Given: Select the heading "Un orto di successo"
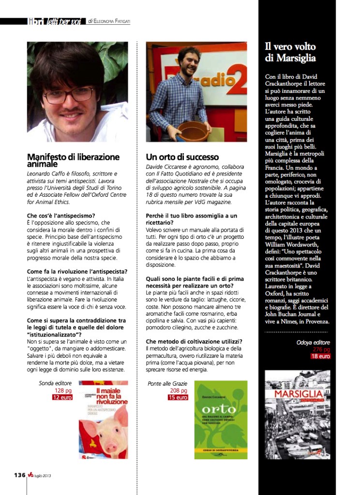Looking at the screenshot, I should point(182,157).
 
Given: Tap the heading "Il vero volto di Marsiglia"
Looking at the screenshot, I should point(290,52).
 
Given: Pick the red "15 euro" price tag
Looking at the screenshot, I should point(178,397).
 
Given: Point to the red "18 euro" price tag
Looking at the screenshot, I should point(320,356).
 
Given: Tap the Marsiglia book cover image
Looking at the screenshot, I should point(297,414).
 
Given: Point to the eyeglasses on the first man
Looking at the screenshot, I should point(68,94).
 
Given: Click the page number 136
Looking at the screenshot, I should point(19,475).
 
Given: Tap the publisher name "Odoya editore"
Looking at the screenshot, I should point(313,342).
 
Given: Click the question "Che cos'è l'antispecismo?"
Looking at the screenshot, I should point(61,215).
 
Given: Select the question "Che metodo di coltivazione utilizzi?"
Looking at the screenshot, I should point(194,341).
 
